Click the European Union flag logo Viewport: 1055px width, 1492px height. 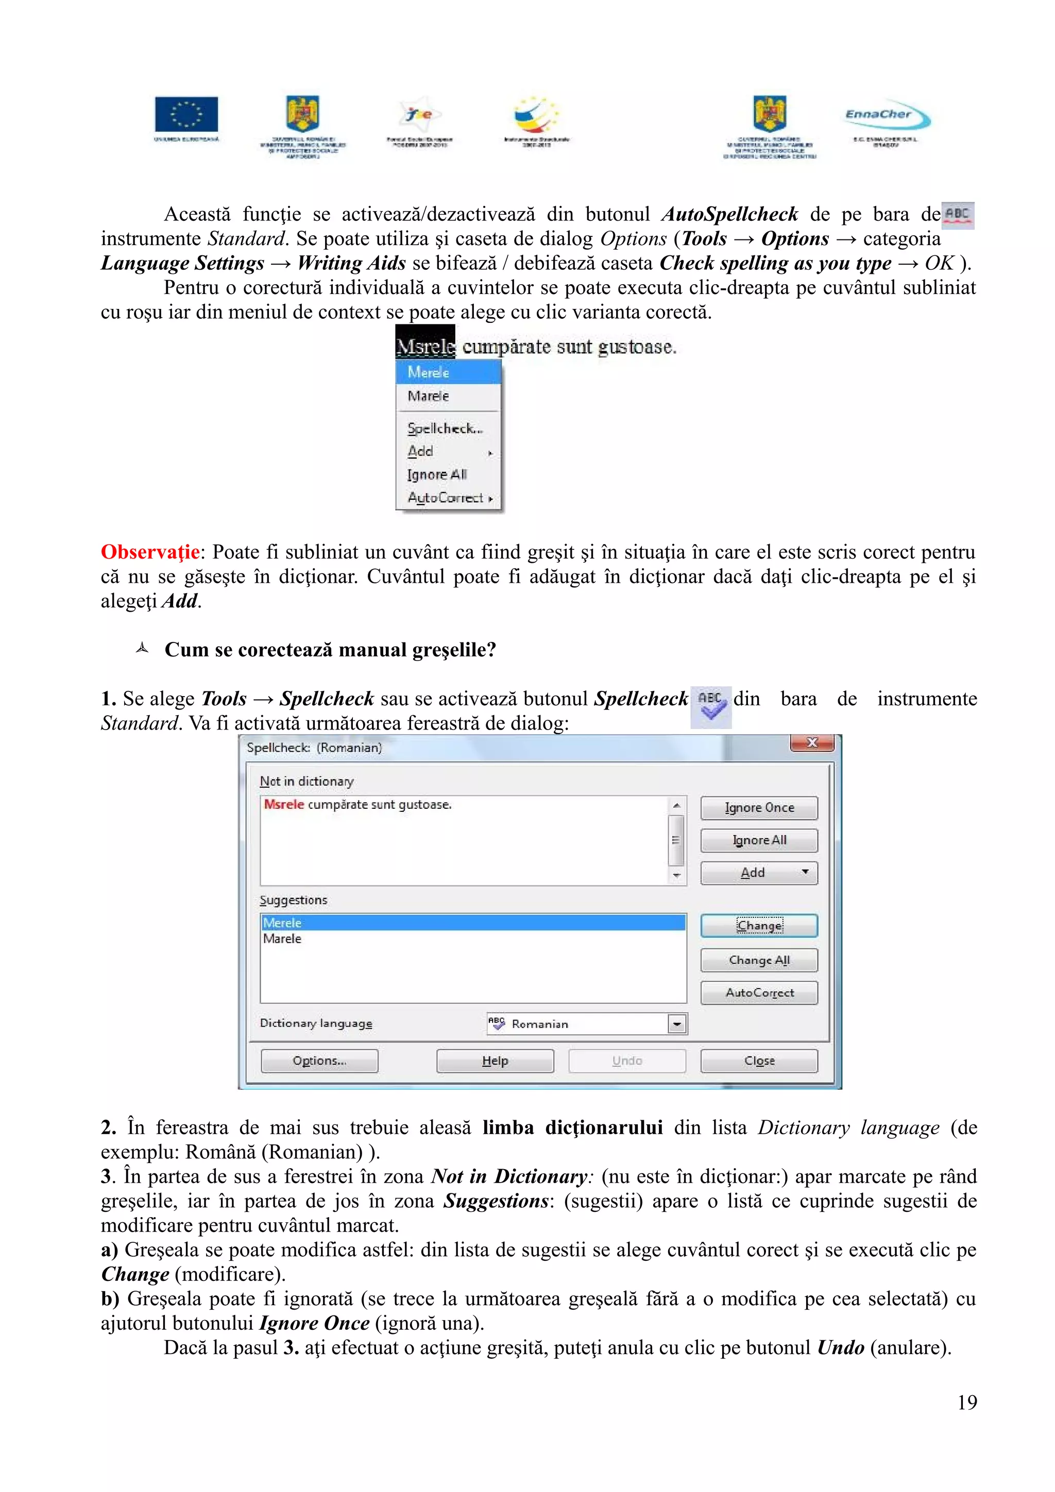click(x=186, y=114)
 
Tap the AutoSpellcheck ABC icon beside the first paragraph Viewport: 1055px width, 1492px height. click(x=958, y=215)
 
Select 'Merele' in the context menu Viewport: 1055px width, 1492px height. click(x=429, y=372)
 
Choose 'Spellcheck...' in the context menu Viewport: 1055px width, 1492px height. click(x=445, y=428)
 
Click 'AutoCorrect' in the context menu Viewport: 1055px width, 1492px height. click(x=446, y=498)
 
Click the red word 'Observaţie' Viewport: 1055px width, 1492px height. click(x=150, y=552)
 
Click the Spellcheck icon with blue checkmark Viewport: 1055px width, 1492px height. click(x=711, y=706)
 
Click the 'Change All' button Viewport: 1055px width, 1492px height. click(x=759, y=960)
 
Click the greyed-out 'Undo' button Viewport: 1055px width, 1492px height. click(x=626, y=1061)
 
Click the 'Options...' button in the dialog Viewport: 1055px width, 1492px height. click(x=319, y=1061)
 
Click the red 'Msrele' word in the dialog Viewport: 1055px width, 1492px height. click(x=284, y=805)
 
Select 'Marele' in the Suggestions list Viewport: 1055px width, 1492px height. click(x=283, y=939)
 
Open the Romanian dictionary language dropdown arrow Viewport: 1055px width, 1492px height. click(x=677, y=1024)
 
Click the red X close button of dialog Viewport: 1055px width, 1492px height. click(x=811, y=743)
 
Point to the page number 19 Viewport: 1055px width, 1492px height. click(x=966, y=1402)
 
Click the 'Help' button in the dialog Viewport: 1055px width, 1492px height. click(x=495, y=1061)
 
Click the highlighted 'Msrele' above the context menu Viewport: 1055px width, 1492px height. click(x=425, y=346)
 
